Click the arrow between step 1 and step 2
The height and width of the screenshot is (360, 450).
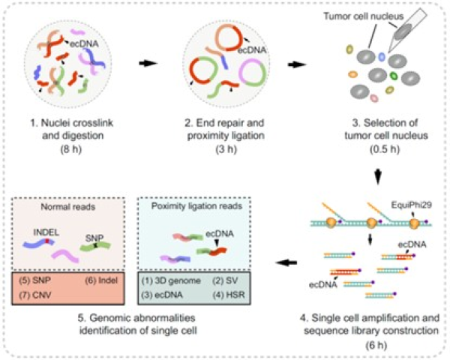click(x=148, y=64)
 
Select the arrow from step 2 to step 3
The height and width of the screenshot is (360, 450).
click(x=297, y=64)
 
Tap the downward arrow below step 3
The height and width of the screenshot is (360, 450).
click(x=378, y=176)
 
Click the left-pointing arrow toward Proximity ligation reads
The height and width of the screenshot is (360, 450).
click(x=286, y=262)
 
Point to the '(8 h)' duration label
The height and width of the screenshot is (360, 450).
click(x=71, y=149)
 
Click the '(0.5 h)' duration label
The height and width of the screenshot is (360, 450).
click(x=385, y=149)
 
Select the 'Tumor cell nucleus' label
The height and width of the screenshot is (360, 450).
click(x=364, y=16)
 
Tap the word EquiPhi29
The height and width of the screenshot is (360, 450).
click(x=411, y=205)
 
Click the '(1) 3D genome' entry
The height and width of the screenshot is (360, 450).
click(x=171, y=280)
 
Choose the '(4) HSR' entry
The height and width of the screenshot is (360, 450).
click(x=229, y=295)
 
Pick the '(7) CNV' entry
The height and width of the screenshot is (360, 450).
click(x=35, y=295)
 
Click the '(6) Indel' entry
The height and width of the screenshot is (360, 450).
click(x=101, y=280)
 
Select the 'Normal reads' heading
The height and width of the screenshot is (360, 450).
click(x=68, y=207)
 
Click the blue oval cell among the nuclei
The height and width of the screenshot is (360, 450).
click(x=382, y=57)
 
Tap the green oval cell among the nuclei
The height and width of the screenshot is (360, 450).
click(x=394, y=76)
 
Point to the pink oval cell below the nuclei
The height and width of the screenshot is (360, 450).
click(x=374, y=98)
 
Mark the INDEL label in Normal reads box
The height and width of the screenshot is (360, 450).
click(x=46, y=232)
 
